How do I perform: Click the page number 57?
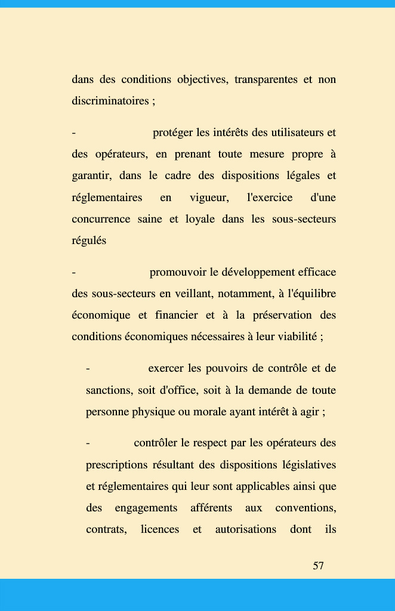[x=318, y=566]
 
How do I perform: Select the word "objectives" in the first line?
[x=199, y=79]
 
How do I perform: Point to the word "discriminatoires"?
[x=110, y=101]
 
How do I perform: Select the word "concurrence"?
[x=100, y=219]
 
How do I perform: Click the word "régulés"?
[x=89, y=240]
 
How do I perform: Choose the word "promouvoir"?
[x=177, y=273]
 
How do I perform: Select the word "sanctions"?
[x=109, y=391]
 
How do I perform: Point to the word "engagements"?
[x=146, y=508]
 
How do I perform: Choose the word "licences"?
[x=159, y=530]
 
